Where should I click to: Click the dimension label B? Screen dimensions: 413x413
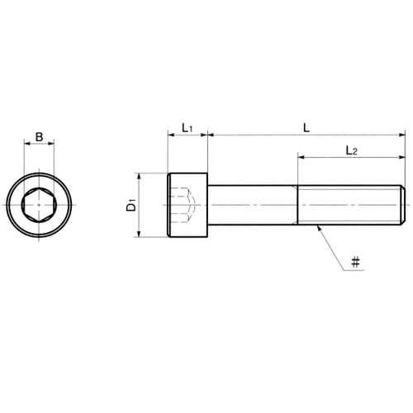coord(40,137)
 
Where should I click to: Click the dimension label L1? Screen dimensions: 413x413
coord(188,128)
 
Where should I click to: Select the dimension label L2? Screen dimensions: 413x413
coord(352,150)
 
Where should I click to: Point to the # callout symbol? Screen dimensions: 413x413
coord(355,262)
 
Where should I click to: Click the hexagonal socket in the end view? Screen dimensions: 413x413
coord(39,205)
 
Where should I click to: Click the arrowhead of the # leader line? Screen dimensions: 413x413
coord(319,227)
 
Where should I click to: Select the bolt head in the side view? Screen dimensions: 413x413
coord(188,205)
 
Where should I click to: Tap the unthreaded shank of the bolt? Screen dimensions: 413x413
coord(253,205)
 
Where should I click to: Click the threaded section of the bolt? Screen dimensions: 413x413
coord(349,205)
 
